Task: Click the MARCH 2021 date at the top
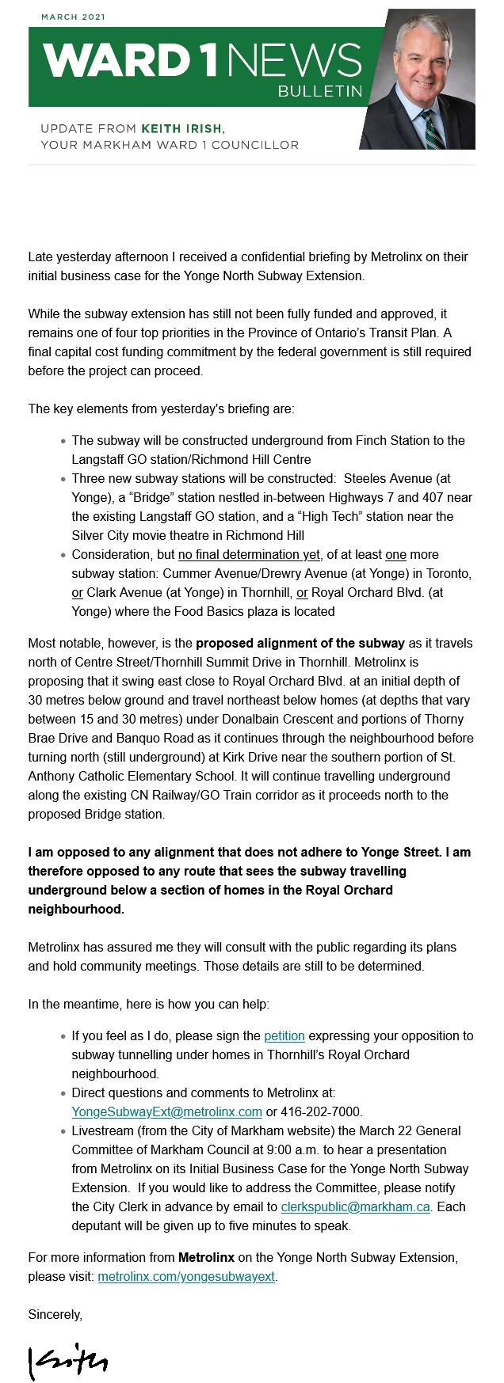(x=73, y=17)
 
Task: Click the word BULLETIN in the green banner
(x=319, y=93)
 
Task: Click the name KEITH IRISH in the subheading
(x=182, y=128)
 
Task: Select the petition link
(x=284, y=1035)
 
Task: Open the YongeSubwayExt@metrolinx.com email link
(x=166, y=1111)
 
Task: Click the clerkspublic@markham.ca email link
(x=356, y=1206)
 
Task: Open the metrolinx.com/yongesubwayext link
(x=186, y=1276)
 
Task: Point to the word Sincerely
(x=55, y=1314)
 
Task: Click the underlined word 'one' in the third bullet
(x=395, y=554)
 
